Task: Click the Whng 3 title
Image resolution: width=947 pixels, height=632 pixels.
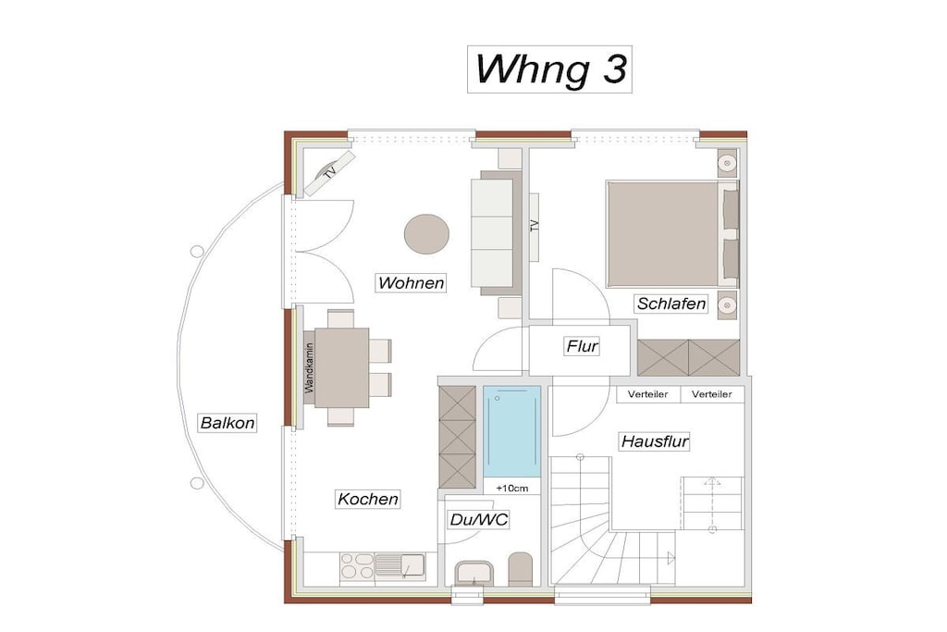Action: pyautogui.click(x=549, y=69)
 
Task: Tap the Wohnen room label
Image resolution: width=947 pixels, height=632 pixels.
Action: pyautogui.click(x=412, y=283)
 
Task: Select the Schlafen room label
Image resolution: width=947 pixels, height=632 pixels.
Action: pyautogui.click(x=671, y=304)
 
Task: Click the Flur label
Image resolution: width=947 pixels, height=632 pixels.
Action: pyautogui.click(x=583, y=346)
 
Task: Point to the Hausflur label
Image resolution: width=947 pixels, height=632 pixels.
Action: pyautogui.click(x=656, y=441)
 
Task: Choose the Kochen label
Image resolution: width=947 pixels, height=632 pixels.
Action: pyautogui.click(x=368, y=499)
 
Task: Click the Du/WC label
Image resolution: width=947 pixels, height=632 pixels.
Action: pyautogui.click(x=479, y=520)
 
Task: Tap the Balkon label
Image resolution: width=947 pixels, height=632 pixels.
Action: pyautogui.click(x=228, y=422)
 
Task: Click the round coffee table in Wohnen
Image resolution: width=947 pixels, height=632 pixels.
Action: pyautogui.click(x=426, y=234)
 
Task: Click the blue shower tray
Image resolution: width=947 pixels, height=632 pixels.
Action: pyautogui.click(x=512, y=431)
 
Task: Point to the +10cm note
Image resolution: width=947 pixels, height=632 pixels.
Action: pyautogui.click(x=512, y=488)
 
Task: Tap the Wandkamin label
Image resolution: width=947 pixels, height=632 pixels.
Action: pyautogui.click(x=309, y=368)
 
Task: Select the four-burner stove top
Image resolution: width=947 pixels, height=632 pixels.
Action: pyautogui.click(x=357, y=566)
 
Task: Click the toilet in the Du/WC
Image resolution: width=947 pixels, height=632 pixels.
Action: pyautogui.click(x=521, y=569)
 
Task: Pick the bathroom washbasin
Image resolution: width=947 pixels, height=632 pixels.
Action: pyautogui.click(x=474, y=573)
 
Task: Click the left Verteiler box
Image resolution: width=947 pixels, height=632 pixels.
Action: pyautogui.click(x=648, y=394)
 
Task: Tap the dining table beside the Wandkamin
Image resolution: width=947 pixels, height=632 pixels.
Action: pyautogui.click(x=342, y=367)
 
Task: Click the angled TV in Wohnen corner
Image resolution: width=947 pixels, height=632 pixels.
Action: pyautogui.click(x=329, y=173)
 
